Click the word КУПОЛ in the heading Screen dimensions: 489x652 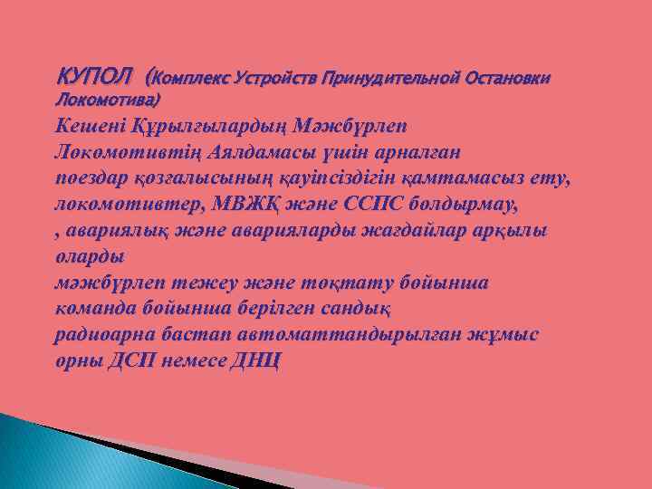click(x=94, y=72)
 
